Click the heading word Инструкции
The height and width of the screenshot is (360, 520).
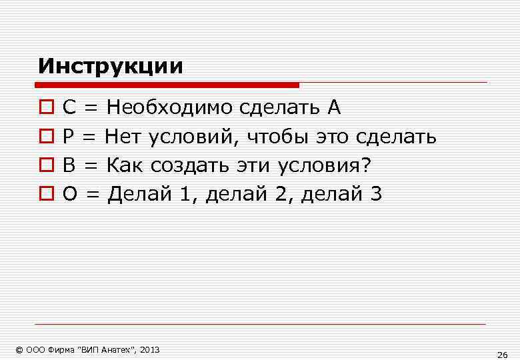coord(110,66)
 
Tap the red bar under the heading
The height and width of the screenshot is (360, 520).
coord(167,85)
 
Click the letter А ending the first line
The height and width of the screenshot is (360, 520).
coord(333,107)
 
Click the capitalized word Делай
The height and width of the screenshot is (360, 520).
coord(137,194)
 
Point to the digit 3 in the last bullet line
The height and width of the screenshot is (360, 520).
coord(375,194)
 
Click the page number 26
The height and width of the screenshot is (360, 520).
coord(502,354)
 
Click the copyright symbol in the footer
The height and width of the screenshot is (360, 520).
coord(19,349)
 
